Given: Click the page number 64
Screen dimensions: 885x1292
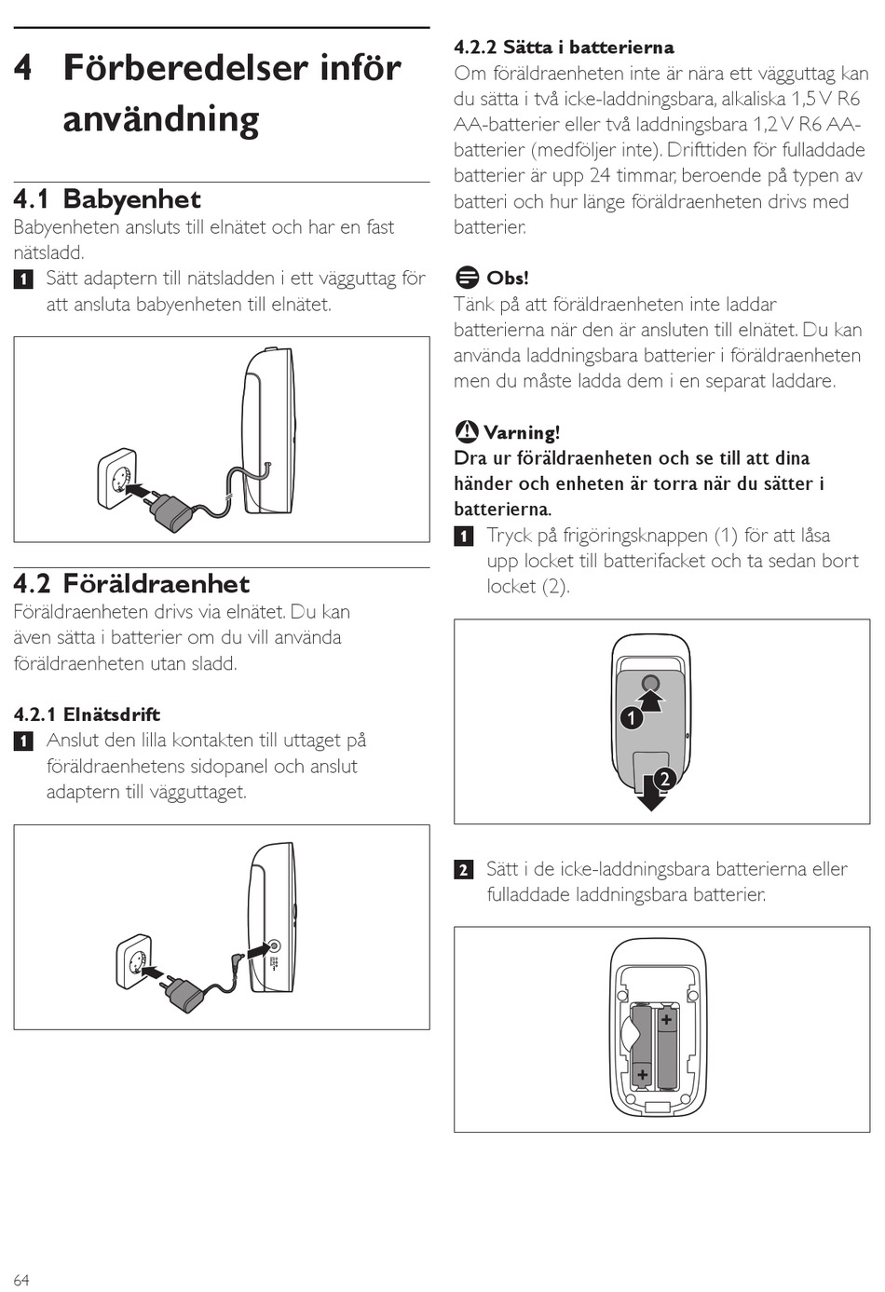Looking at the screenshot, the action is [x=21, y=1280].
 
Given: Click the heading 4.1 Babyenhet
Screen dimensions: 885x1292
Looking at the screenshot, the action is [x=107, y=199].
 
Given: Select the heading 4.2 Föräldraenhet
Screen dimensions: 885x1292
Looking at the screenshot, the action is [x=131, y=584].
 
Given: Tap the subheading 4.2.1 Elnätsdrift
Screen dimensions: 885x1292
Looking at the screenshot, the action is [x=88, y=714].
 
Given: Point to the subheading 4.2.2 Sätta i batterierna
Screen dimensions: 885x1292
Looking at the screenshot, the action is [x=564, y=47].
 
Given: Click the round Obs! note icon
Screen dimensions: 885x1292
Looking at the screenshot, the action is [x=467, y=278].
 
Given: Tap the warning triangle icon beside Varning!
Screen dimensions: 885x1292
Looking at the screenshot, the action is [x=466, y=431].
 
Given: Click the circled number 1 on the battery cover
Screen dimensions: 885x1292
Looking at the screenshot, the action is [x=632, y=718].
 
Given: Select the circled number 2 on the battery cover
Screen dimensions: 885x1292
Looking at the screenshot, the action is [x=664, y=780].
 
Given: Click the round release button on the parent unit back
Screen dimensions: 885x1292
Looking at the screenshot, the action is [x=650, y=684].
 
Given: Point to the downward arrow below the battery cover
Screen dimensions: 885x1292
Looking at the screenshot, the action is [x=651, y=793].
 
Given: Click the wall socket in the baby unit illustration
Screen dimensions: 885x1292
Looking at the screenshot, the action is [x=118, y=480].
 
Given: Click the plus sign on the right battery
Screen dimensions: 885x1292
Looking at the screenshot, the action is [x=666, y=1020].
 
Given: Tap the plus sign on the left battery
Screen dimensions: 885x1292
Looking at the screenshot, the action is [x=642, y=1074].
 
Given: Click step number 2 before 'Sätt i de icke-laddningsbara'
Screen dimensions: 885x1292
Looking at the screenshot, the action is [x=464, y=870].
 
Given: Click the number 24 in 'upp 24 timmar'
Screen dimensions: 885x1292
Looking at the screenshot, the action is [x=601, y=175].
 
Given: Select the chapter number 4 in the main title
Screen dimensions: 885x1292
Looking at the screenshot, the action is [x=22, y=68].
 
